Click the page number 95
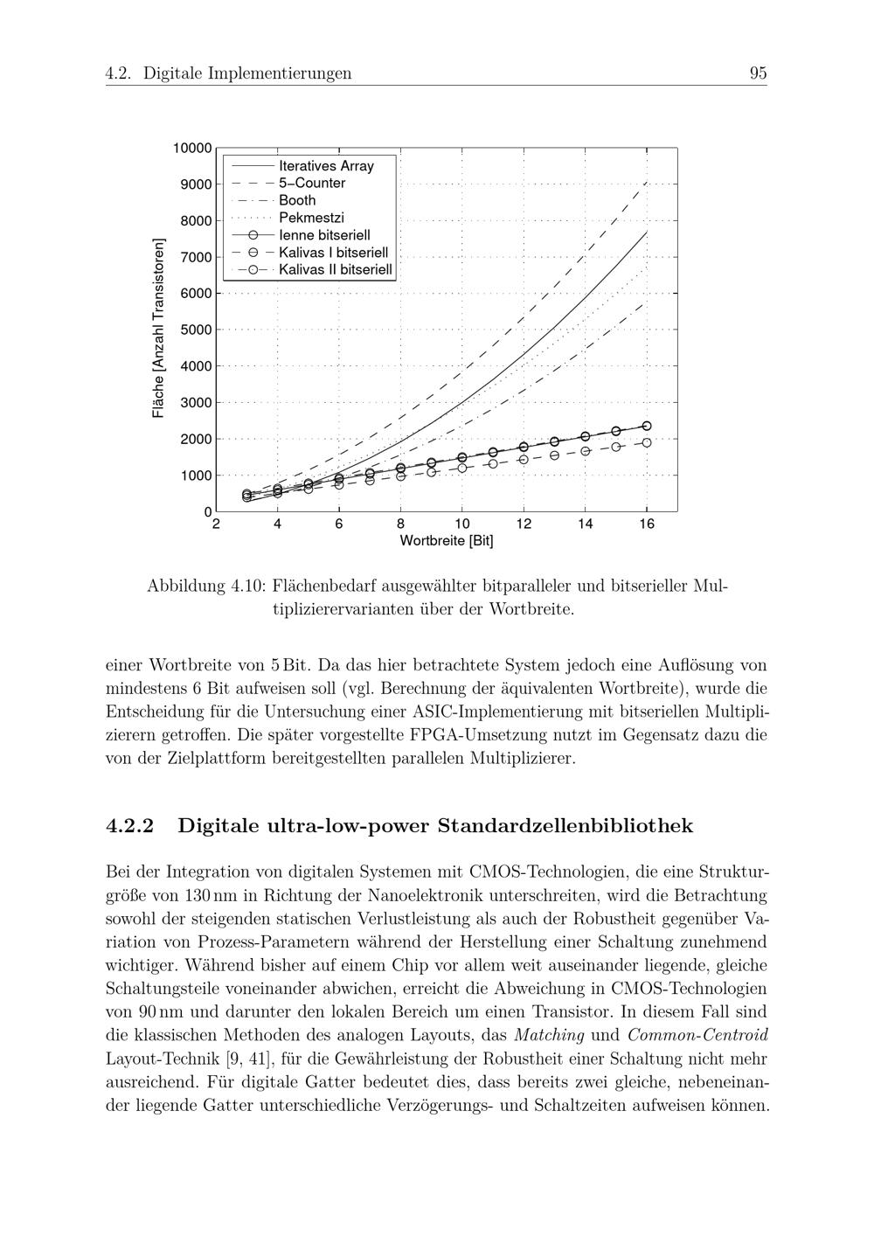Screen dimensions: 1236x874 [758, 73]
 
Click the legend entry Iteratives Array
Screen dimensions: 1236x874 [326, 166]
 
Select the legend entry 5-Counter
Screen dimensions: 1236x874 [312, 184]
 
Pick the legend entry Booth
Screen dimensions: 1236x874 [297, 200]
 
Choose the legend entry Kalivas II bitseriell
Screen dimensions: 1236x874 [336, 270]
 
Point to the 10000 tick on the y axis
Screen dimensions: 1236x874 [192, 149]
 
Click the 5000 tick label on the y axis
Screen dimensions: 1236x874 [196, 330]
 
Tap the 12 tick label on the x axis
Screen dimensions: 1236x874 [524, 524]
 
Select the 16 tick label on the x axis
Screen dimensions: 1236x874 [647, 524]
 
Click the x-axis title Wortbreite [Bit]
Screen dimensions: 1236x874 [447, 541]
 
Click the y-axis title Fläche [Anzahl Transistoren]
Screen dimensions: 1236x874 [158, 329]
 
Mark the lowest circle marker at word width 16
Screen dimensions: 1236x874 [647, 442]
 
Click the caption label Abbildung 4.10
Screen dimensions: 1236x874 [205, 586]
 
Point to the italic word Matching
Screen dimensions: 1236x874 [549, 1036]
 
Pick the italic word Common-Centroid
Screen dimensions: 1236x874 [698, 1036]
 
